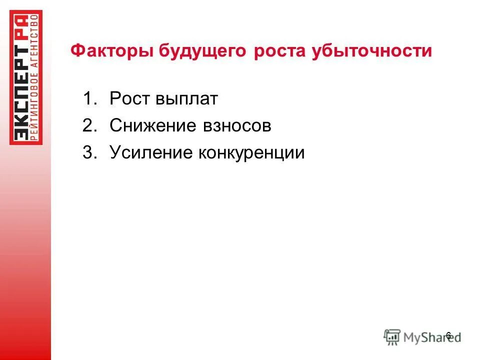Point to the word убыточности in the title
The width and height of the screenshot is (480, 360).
(x=371, y=51)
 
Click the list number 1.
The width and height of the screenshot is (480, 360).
(x=89, y=99)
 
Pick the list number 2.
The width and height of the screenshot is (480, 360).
(x=89, y=126)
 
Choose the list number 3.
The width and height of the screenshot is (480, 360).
(x=89, y=152)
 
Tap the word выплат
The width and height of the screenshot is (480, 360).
(x=186, y=99)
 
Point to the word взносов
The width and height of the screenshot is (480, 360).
(x=237, y=126)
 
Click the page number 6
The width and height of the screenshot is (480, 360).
(x=448, y=335)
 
